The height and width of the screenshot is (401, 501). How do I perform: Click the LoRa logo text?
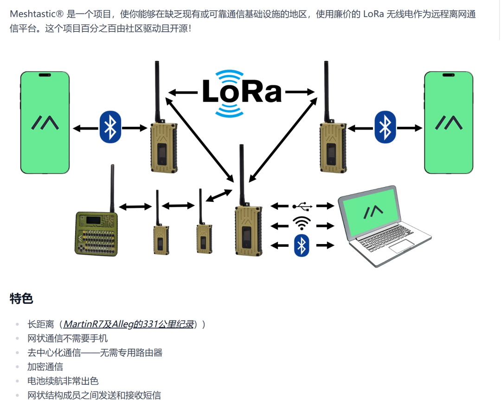242,92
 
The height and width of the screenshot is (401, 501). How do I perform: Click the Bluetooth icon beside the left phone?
110,127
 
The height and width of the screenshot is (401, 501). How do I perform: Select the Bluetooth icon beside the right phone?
385,127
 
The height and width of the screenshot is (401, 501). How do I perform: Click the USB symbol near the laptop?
302,206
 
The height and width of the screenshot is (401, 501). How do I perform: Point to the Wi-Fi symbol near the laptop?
302,224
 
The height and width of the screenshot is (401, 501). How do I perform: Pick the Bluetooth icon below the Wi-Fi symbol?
302,245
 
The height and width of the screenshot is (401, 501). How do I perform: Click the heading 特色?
21,299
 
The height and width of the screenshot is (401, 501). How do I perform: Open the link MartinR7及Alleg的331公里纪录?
128,324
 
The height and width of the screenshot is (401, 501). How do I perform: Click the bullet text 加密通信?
45,367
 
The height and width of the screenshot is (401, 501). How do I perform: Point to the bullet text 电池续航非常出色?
63,381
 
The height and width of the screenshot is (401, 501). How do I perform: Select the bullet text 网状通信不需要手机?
67,338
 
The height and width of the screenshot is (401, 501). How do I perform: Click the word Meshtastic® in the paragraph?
36,14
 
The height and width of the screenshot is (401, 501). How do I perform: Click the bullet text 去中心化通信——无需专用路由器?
95,353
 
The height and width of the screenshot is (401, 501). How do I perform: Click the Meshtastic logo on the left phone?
45,122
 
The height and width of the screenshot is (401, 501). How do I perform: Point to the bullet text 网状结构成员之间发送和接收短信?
94,395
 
